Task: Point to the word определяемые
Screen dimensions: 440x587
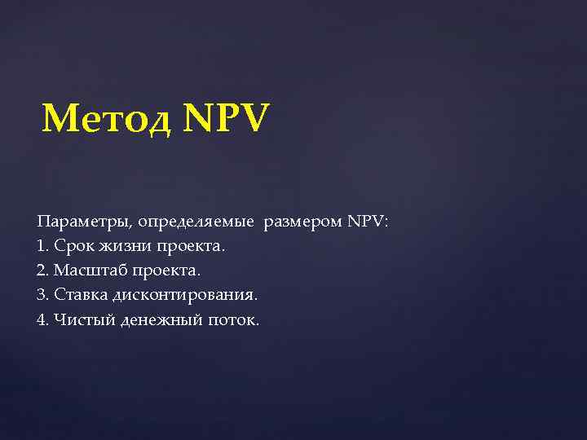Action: [196, 222]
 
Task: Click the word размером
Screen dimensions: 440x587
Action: [302, 222]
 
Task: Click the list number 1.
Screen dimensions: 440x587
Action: [42, 245]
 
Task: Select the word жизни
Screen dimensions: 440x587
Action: [123, 245]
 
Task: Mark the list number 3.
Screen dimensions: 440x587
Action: [42, 294]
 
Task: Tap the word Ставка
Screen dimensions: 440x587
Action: [80, 294]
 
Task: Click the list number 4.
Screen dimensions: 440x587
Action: [42, 319]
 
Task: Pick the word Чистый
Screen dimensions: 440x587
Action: [84, 319]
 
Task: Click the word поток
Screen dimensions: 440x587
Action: [234, 319]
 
